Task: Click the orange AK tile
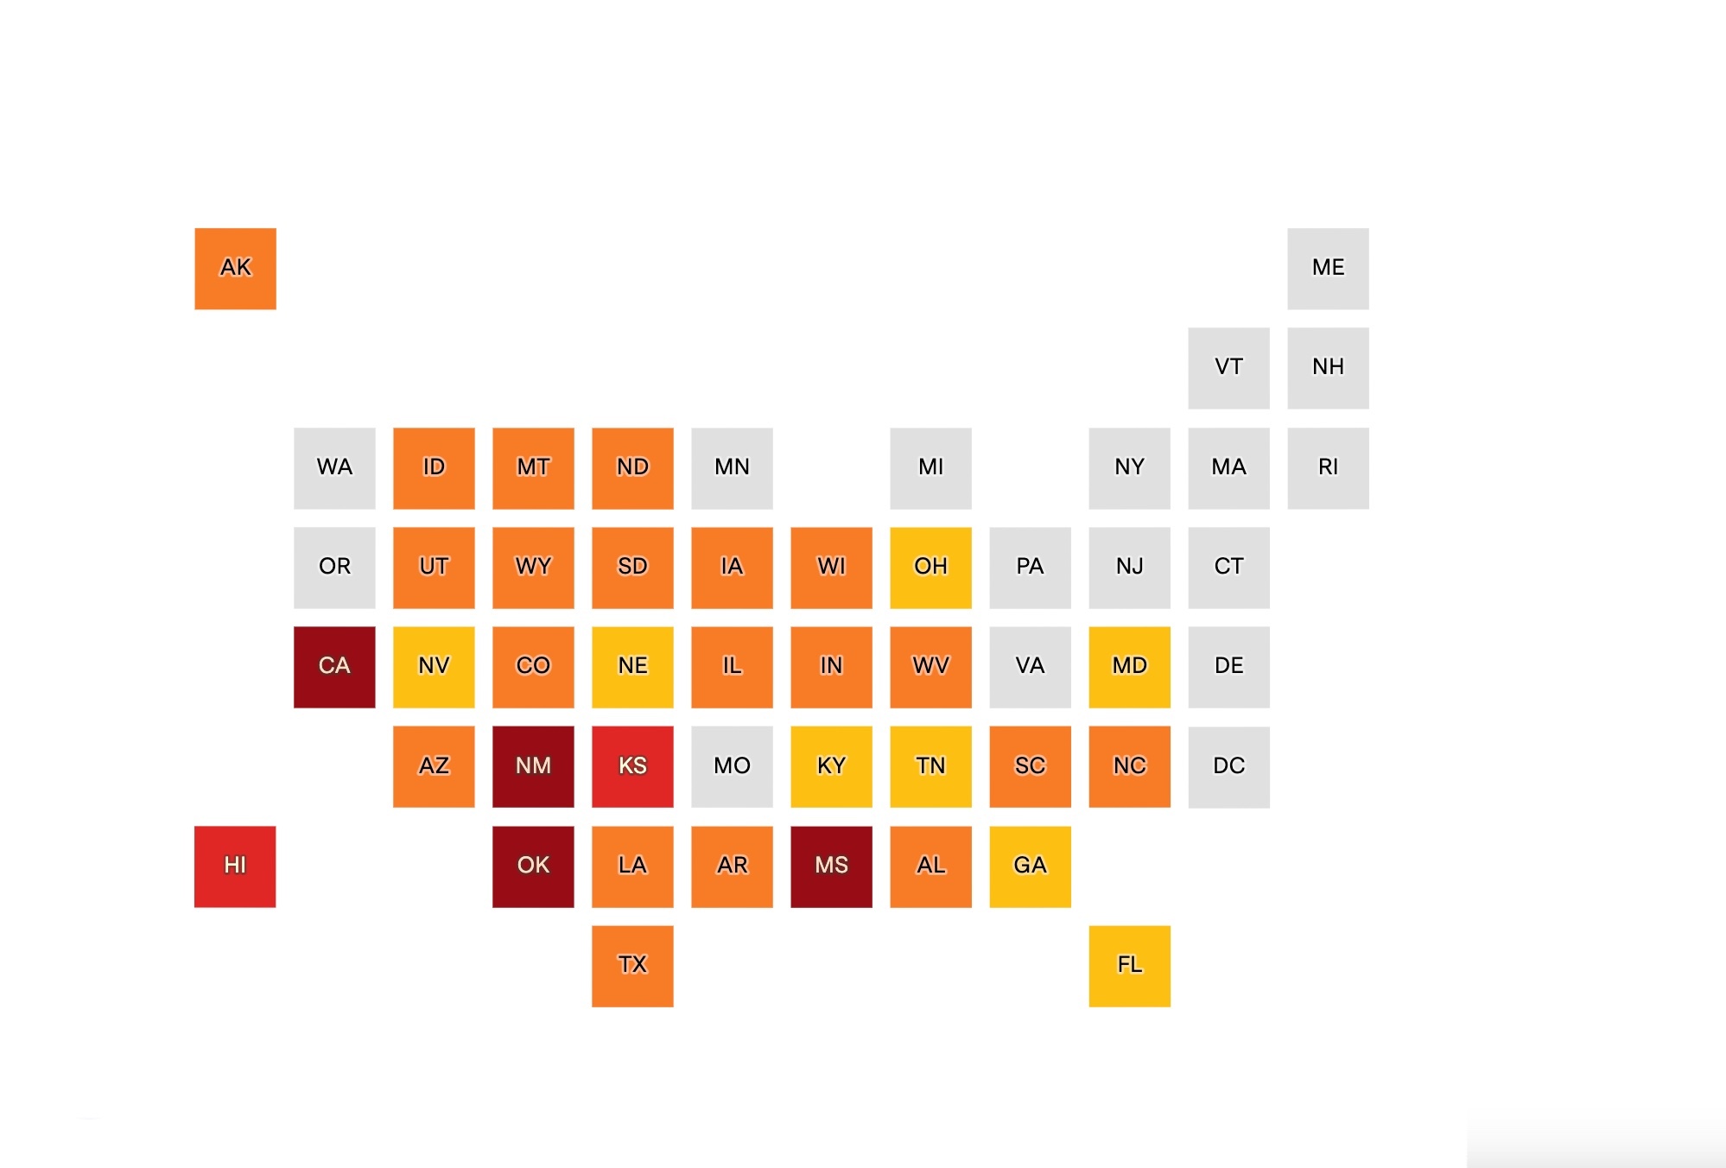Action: [x=235, y=268]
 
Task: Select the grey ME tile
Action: [x=1328, y=268]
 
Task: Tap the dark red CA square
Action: [x=334, y=666]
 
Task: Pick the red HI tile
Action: [x=235, y=866]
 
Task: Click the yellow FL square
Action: [x=1129, y=965]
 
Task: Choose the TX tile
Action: [x=632, y=965]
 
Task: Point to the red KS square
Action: [x=632, y=766]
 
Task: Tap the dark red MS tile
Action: [x=831, y=866]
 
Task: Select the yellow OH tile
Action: [x=930, y=567]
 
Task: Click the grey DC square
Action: [x=1228, y=766]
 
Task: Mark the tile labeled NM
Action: [x=533, y=766]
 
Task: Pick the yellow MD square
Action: [x=1129, y=666]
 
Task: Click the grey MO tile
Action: [x=732, y=766]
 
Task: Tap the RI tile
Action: [x=1328, y=467]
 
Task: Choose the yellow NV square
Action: [x=434, y=666]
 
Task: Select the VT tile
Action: [x=1228, y=367]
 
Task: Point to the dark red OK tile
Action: [x=533, y=866]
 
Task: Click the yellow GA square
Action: [x=1030, y=866]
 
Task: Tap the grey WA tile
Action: [x=334, y=467]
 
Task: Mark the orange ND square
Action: [x=632, y=467]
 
